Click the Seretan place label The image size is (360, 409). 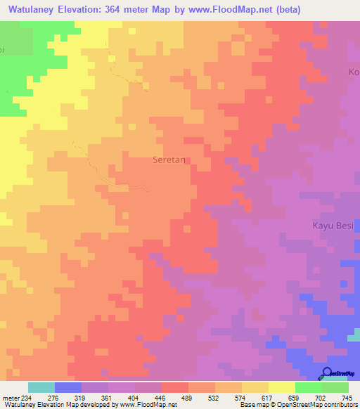coord(169,160)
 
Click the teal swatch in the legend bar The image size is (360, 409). coord(41,387)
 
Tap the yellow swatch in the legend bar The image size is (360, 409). coord(282,387)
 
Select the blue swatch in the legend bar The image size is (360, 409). coord(68,387)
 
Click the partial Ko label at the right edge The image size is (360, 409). coord(354,72)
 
